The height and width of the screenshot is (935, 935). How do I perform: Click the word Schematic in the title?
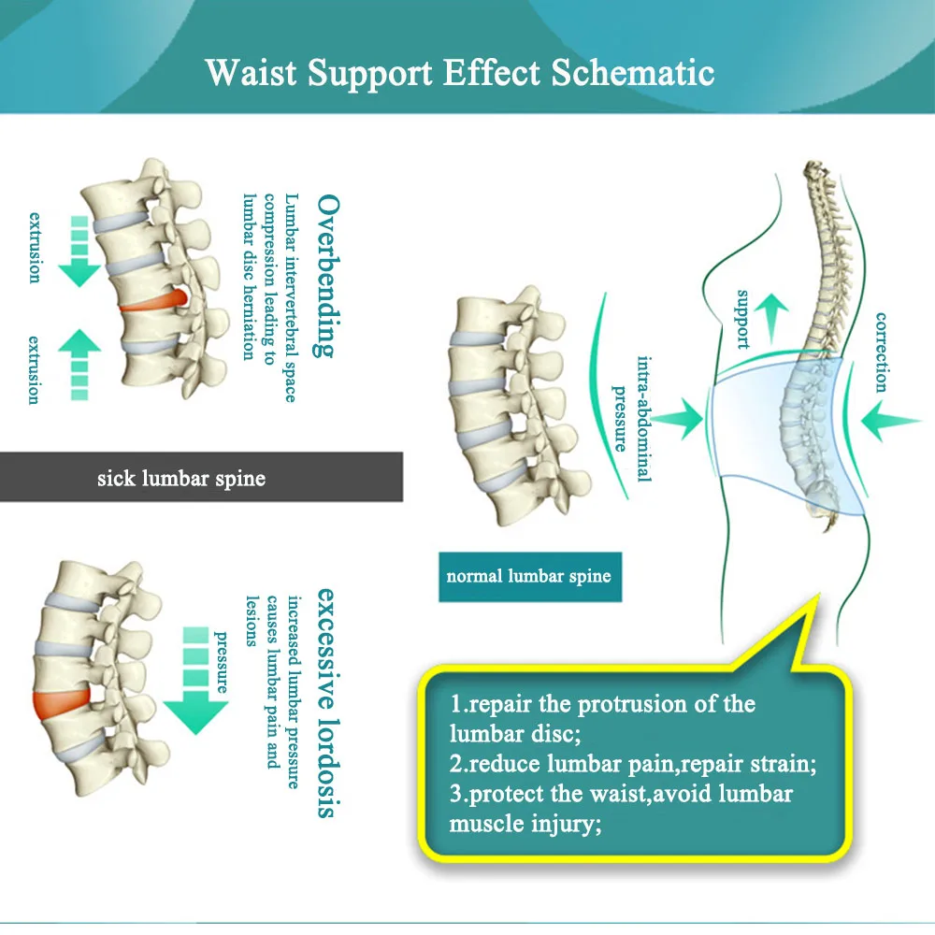point(633,73)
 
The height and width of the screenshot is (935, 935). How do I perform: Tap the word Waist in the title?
point(251,73)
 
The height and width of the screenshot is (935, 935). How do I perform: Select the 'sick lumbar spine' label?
point(181,478)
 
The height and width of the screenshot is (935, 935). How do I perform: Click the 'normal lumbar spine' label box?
point(530,577)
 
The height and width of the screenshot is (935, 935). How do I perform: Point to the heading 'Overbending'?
point(327,276)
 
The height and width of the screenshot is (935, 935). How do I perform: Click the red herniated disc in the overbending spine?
point(155,301)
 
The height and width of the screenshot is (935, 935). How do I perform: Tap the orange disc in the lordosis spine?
point(62,703)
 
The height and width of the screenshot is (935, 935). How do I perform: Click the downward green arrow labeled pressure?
point(195,681)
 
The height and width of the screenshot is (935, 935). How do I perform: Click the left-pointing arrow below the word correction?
point(890,421)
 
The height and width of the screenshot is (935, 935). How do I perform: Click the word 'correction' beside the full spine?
point(881,352)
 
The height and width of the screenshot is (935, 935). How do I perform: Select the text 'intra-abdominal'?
point(644,419)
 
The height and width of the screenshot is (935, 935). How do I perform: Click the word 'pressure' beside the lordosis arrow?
point(222,662)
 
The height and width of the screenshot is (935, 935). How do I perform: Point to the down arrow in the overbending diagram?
point(79,251)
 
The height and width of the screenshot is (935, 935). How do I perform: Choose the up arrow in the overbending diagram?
point(79,365)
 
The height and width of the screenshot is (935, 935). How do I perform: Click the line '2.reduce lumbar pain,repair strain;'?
point(633,764)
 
